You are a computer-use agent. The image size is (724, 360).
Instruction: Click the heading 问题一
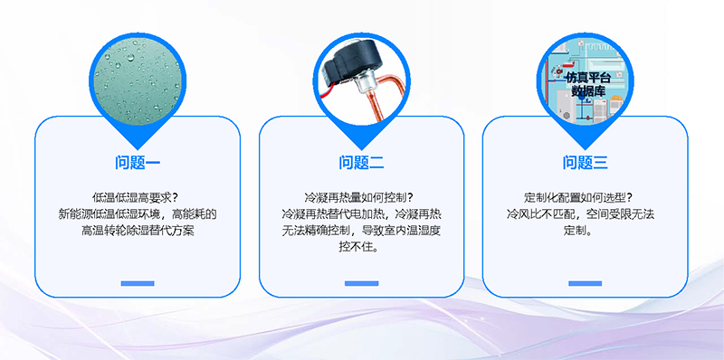coord(138,163)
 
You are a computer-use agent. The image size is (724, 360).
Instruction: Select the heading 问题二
coord(362,163)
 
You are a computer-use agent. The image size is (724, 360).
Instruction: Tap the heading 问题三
coord(586,163)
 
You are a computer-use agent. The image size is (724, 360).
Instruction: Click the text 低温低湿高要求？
coord(138,197)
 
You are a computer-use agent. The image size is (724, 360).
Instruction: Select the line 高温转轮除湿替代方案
coord(138,231)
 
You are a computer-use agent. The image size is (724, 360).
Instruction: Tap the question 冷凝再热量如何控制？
coord(362,197)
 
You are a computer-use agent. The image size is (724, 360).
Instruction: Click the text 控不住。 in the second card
coord(362,247)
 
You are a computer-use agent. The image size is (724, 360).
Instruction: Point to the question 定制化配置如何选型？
coord(586,197)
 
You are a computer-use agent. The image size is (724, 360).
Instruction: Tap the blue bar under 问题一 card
coord(138,284)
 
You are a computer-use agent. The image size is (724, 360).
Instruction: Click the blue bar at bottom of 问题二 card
coord(362,284)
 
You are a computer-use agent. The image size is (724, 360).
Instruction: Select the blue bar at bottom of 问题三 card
coord(586,284)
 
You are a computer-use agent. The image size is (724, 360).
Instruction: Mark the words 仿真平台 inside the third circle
coord(586,78)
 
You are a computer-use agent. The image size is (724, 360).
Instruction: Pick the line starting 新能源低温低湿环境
coord(138,214)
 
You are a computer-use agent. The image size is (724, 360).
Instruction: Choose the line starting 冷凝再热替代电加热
coord(362,214)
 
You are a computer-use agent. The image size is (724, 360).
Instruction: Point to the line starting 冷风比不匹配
coord(586,214)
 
